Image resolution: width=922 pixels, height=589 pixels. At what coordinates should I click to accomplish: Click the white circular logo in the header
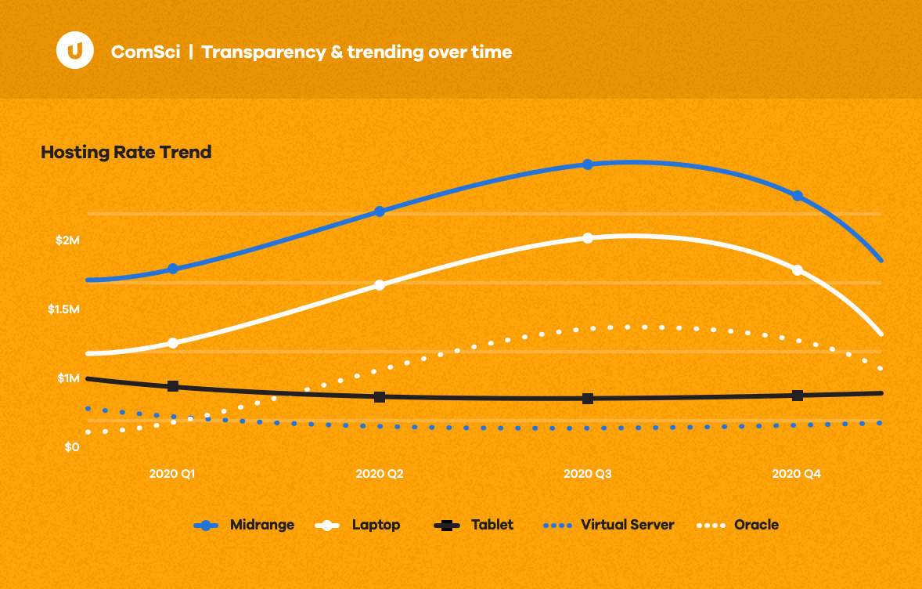click(74, 52)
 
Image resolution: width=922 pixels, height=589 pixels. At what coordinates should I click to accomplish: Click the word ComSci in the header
click(146, 52)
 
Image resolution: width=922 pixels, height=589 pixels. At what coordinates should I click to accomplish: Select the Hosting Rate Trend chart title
click(126, 152)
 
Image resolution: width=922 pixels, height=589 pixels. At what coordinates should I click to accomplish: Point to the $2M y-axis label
click(67, 240)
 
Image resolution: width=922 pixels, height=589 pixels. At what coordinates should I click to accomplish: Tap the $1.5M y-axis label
click(63, 309)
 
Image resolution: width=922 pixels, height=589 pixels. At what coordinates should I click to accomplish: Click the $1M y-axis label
click(68, 378)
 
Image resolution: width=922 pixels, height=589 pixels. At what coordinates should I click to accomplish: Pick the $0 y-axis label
click(72, 447)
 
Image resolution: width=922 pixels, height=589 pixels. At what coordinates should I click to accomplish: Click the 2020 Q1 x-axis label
click(172, 474)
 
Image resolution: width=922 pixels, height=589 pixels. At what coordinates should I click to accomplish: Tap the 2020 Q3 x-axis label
click(588, 474)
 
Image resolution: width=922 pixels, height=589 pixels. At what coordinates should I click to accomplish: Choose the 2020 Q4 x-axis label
click(797, 474)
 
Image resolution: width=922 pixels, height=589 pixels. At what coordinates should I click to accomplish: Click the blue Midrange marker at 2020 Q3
click(588, 164)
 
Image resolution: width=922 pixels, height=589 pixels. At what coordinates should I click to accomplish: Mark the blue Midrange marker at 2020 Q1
click(173, 269)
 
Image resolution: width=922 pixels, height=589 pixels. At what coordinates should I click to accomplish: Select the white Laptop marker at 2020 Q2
click(380, 285)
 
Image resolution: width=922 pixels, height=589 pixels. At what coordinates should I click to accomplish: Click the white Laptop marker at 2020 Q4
click(798, 270)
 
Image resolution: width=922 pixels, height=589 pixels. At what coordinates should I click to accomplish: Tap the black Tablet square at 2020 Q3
click(588, 399)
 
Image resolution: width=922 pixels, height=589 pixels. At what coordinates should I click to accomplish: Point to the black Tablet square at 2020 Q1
click(173, 386)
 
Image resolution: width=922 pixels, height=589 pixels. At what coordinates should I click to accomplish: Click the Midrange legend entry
click(244, 525)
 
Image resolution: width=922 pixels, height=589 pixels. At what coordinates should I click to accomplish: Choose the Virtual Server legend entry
click(608, 525)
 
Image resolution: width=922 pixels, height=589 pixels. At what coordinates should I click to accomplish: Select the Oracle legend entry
click(737, 525)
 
